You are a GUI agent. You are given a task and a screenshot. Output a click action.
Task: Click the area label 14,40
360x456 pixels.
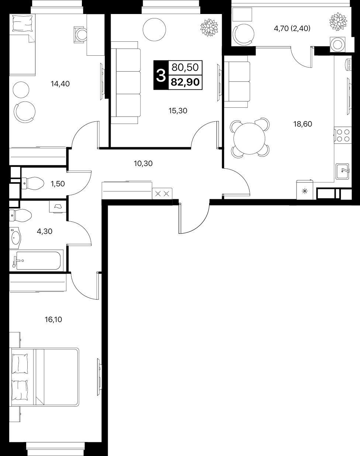[x=60, y=84]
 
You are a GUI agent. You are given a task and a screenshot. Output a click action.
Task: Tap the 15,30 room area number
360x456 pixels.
[x=178, y=111]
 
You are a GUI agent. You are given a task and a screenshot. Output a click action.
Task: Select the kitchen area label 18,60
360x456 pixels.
[x=302, y=124]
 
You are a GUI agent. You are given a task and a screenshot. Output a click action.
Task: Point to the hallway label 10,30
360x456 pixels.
[x=143, y=163]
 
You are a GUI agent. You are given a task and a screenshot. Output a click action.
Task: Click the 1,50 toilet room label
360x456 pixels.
[x=58, y=184]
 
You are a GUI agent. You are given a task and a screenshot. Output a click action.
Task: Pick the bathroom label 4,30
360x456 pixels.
[x=45, y=231]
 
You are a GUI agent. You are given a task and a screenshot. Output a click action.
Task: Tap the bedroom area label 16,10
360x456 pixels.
[x=53, y=319]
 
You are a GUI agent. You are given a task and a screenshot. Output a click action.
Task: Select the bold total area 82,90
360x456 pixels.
[x=185, y=82]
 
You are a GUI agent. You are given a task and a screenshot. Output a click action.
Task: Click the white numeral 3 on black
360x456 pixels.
[x=161, y=75]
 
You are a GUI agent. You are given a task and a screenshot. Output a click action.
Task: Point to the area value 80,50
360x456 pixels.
[x=185, y=68]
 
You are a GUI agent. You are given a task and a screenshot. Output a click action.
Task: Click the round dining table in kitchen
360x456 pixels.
[x=249, y=139]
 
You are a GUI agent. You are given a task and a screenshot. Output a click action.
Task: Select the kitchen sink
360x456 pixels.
[x=342, y=171]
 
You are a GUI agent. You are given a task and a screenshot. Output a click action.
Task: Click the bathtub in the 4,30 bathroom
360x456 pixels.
[x=37, y=260]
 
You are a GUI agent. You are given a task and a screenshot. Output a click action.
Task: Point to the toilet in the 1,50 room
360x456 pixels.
[x=33, y=183]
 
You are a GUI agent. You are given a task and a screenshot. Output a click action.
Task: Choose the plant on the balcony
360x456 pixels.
[x=338, y=21]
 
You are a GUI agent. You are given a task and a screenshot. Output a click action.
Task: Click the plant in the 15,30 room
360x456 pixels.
[x=209, y=27]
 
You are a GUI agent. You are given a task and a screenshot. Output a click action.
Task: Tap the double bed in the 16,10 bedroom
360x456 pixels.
[x=44, y=377]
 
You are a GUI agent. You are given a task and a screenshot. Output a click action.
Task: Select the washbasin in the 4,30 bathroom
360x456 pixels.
[x=15, y=238]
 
